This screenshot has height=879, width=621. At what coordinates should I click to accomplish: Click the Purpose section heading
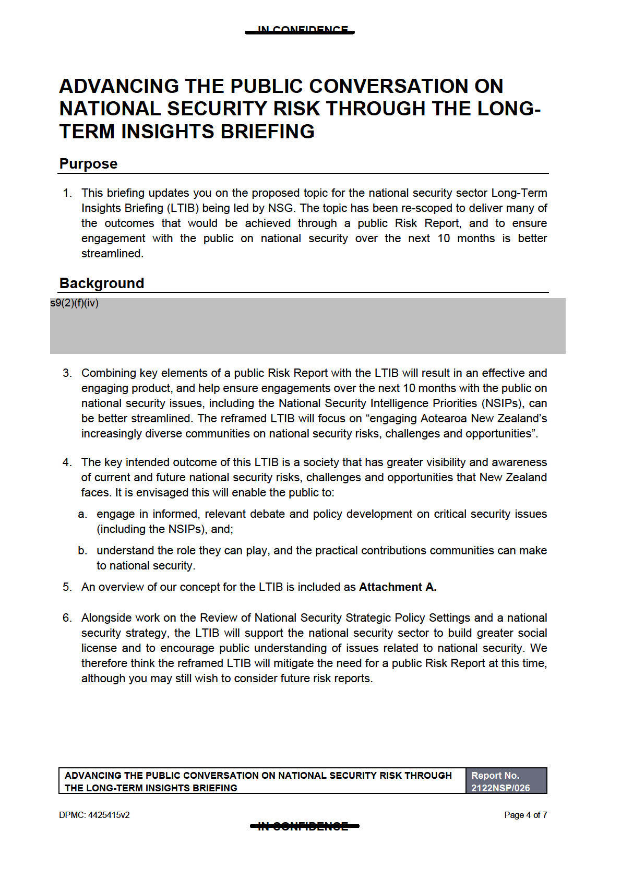(x=88, y=164)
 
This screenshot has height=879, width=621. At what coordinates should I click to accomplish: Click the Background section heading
(x=101, y=283)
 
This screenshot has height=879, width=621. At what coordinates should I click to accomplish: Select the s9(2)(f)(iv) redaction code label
(x=75, y=303)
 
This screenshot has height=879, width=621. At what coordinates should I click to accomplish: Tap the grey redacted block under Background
(x=307, y=326)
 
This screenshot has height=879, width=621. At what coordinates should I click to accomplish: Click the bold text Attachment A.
(x=397, y=587)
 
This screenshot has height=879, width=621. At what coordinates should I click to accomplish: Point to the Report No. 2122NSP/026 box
(x=506, y=781)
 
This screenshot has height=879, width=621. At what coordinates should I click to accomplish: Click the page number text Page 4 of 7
(x=525, y=815)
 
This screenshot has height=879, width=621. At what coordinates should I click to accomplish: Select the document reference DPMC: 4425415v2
(x=94, y=815)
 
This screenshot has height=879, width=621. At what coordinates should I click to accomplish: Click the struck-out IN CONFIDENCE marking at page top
(x=301, y=31)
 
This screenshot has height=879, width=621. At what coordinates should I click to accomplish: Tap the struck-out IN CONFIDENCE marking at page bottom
(x=304, y=826)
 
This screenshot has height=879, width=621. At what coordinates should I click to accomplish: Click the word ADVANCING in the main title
(x=119, y=86)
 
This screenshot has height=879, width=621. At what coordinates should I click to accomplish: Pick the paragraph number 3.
(x=67, y=373)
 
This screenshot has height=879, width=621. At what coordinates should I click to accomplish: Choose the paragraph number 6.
(x=67, y=618)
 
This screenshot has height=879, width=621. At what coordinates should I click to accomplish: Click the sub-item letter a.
(x=82, y=514)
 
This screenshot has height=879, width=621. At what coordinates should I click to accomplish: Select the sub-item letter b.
(x=82, y=551)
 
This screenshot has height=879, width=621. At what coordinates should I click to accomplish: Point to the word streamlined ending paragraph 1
(x=112, y=254)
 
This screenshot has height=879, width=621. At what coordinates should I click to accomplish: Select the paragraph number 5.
(x=67, y=587)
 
